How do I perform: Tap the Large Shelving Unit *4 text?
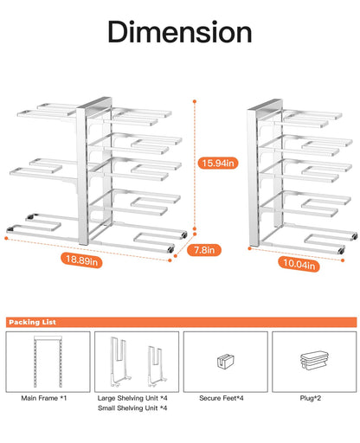pyautogui.click(x=135, y=398)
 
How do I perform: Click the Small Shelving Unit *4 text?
pyautogui.click(x=135, y=408)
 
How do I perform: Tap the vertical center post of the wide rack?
pyautogui.click(x=86, y=173)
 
